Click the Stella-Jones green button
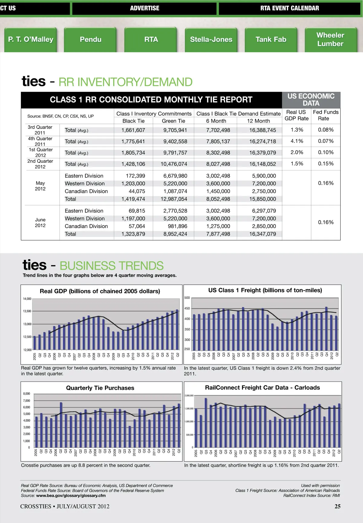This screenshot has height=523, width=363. (211, 40)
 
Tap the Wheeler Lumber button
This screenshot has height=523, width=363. (330, 40)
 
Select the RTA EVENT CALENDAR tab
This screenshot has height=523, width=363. (289, 8)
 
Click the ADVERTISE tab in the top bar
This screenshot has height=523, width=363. (145, 8)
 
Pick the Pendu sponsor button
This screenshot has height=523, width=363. (90, 40)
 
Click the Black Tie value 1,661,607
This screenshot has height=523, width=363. (133, 130)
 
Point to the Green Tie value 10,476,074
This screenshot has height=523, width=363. (174, 164)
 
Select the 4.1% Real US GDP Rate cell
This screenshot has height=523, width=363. (297, 141)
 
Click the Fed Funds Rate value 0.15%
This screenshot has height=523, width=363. (326, 164)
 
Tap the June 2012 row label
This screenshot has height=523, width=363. (40, 223)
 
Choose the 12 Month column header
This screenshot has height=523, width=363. (258, 121)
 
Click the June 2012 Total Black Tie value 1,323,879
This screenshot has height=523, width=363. (133, 234)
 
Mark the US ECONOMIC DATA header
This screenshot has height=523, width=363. (311, 100)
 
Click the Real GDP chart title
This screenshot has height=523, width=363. (100, 291)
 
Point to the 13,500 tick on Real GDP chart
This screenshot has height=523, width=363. (27, 311)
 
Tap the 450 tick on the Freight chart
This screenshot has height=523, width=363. (187, 309)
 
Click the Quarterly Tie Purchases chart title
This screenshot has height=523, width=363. (100, 388)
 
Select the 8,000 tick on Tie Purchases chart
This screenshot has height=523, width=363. (27, 394)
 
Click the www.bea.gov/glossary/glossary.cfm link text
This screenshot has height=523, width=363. (71, 495)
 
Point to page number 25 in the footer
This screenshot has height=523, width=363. (337, 506)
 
